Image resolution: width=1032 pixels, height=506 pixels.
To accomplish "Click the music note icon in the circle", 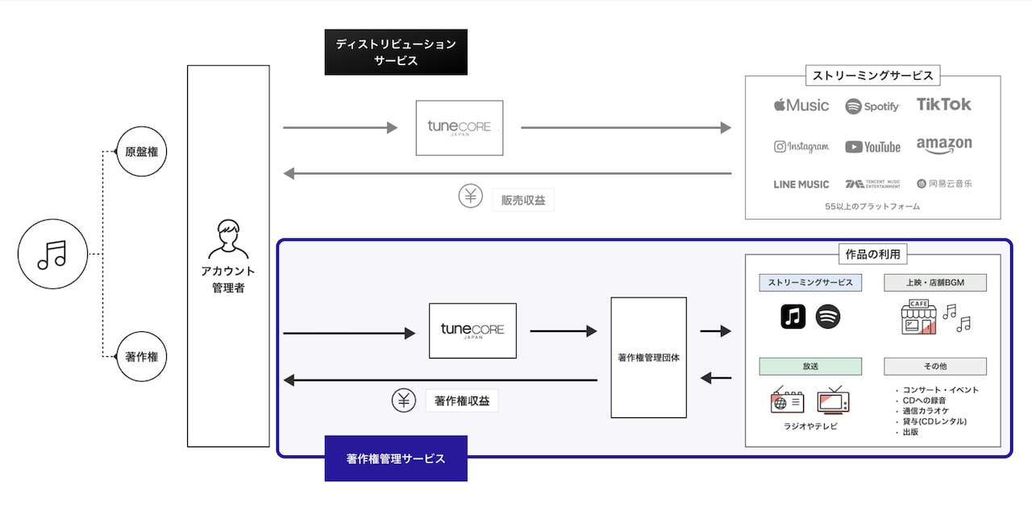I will [52, 255].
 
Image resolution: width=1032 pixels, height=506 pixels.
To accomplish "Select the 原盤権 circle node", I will [142, 151].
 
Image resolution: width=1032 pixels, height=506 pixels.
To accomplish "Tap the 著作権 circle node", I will [142, 356].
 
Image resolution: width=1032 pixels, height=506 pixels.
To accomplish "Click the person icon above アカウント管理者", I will [228, 238].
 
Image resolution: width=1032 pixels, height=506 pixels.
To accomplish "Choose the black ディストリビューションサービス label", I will [396, 52].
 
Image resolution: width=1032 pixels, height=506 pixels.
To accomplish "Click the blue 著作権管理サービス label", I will [396, 458].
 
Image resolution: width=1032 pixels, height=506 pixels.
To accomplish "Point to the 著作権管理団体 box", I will [648, 357].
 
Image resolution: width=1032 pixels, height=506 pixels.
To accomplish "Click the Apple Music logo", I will [801, 106].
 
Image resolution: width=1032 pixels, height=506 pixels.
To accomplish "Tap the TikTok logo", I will [943, 105].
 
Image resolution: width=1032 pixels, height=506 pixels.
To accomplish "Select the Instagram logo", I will [801, 147].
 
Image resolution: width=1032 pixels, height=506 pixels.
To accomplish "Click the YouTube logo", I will [872, 147].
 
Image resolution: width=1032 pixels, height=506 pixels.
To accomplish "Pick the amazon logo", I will [943, 145].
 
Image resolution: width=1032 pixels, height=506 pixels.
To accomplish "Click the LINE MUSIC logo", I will [801, 184].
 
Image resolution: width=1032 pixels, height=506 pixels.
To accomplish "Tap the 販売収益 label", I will [523, 200].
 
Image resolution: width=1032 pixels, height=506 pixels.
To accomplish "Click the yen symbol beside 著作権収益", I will [404, 400].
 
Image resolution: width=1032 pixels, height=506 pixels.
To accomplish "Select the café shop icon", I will [919, 317].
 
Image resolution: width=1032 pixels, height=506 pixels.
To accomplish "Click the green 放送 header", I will [810, 366].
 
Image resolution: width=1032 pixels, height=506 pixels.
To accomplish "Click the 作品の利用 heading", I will [872, 255].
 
